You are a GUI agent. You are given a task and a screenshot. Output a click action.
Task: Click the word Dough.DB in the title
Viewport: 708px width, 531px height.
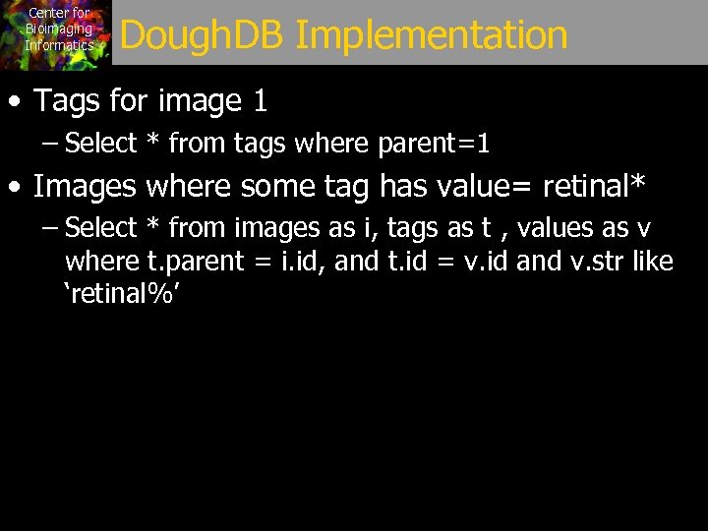[202, 35]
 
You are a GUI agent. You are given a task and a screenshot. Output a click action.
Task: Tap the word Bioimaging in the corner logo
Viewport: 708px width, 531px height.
[59, 29]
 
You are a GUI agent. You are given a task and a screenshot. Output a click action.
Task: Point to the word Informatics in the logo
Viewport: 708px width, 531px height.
[59, 45]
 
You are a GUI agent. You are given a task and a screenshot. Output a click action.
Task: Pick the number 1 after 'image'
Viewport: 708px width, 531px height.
[260, 100]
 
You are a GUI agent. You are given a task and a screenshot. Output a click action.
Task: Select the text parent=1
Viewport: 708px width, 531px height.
[434, 144]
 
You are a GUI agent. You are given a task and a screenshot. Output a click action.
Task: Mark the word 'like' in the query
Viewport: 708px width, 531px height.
[653, 262]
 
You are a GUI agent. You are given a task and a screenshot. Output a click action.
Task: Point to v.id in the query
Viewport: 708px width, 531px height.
[483, 262]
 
